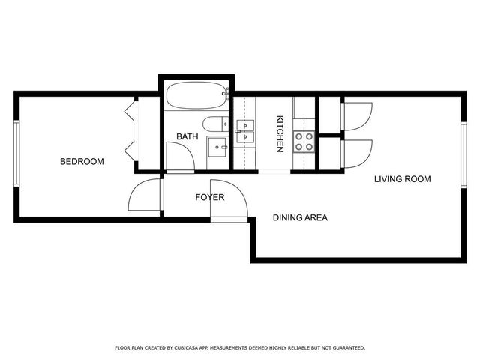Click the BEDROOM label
pyautogui.click(x=82, y=161)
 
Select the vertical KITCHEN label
pyautogui.click(x=280, y=133)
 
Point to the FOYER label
pyautogui.click(x=210, y=198)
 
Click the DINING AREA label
pyautogui.click(x=300, y=218)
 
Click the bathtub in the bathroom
pyautogui.click(x=196, y=97)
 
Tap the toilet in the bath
pyautogui.click(x=214, y=124)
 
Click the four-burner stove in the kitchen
pyautogui.click(x=303, y=142)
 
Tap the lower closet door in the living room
pyautogui.click(x=356, y=154)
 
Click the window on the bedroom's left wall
pyautogui.click(x=16, y=154)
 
